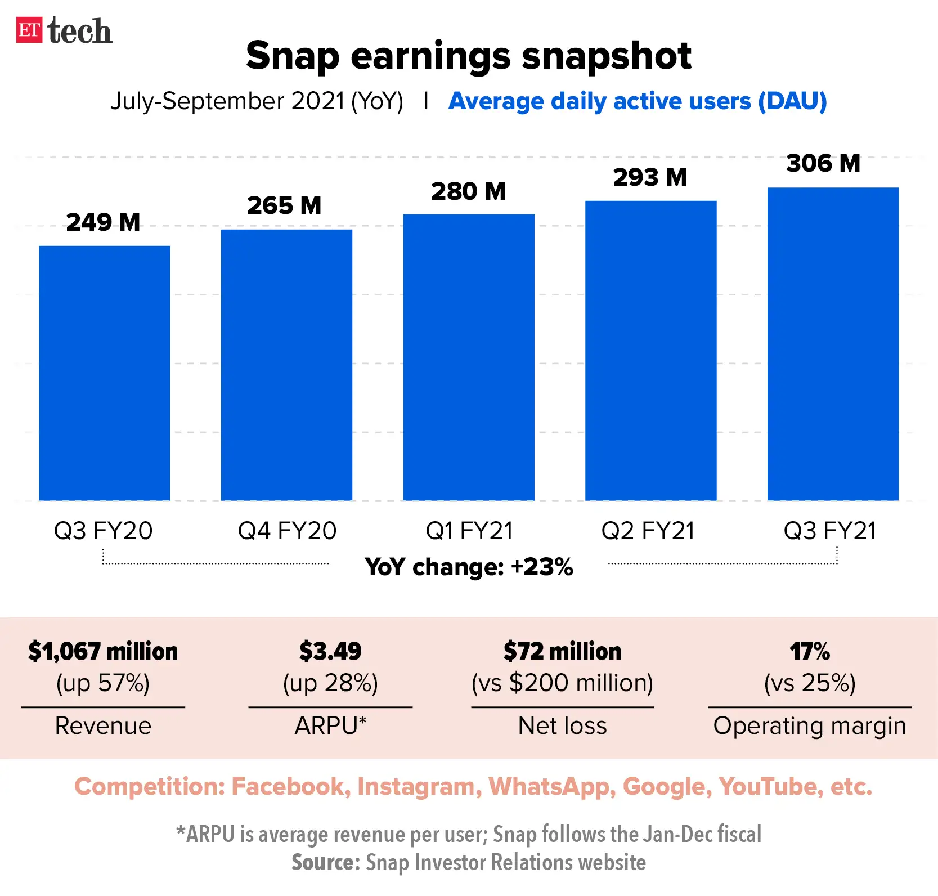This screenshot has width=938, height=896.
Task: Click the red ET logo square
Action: click(x=29, y=30)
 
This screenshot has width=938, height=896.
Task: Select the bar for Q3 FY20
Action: click(x=104, y=373)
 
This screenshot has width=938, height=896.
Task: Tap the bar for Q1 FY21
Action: click(x=469, y=357)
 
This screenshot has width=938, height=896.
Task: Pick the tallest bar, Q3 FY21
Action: click(x=833, y=343)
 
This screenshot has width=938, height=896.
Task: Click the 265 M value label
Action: click(x=284, y=205)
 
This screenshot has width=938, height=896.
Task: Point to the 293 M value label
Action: click(x=650, y=177)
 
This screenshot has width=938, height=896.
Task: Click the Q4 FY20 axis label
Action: click(x=287, y=531)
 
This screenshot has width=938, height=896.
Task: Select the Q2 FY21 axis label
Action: click(x=648, y=531)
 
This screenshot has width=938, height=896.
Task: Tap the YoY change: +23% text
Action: click(x=469, y=567)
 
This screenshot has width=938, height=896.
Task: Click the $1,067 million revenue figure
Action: click(x=103, y=651)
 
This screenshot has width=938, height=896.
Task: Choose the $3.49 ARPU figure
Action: click(x=330, y=651)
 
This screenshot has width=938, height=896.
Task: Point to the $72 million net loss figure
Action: click(x=562, y=651)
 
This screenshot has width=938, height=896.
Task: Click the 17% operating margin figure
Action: click(x=810, y=651)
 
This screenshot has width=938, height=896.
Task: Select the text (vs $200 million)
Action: click(x=562, y=683)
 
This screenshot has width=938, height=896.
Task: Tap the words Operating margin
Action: click(x=810, y=725)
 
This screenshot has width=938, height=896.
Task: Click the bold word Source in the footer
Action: click(x=325, y=862)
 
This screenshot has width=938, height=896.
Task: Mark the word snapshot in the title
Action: click(x=606, y=56)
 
